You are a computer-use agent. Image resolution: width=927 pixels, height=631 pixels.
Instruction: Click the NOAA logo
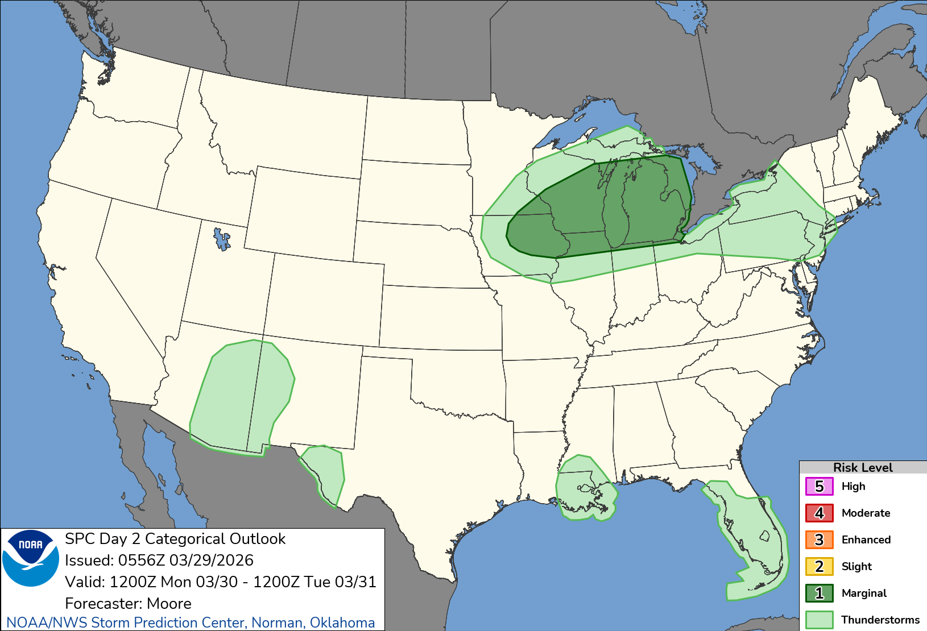(x=31, y=558)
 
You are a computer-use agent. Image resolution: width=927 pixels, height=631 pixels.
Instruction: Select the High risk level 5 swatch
(x=819, y=487)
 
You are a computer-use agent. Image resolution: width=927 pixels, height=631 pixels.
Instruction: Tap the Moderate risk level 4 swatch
(x=819, y=513)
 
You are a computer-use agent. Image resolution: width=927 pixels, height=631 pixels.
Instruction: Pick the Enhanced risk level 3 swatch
(x=819, y=539)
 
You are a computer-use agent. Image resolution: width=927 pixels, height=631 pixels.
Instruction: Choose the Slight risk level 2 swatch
(x=819, y=566)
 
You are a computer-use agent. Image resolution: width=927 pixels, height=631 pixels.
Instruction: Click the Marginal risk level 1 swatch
(x=819, y=593)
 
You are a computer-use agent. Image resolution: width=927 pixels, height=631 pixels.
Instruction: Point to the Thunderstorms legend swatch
(x=819, y=620)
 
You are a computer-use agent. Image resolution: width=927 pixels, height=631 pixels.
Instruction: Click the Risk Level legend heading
(x=863, y=467)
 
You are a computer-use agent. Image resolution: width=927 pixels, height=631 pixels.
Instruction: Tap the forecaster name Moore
(x=169, y=603)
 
